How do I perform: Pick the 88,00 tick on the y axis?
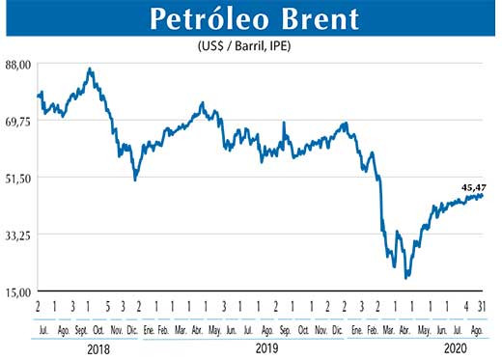point(19,64)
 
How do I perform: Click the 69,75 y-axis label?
point(19,121)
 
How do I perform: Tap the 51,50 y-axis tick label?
point(19,178)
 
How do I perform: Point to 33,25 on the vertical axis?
point(19,235)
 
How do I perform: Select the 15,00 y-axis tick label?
point(19,291)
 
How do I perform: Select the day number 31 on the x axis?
point(482,307)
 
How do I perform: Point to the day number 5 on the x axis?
point(107,307)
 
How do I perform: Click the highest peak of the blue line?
point(90,69)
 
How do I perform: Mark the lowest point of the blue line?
point(407,277)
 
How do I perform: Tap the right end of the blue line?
point(483,195)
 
